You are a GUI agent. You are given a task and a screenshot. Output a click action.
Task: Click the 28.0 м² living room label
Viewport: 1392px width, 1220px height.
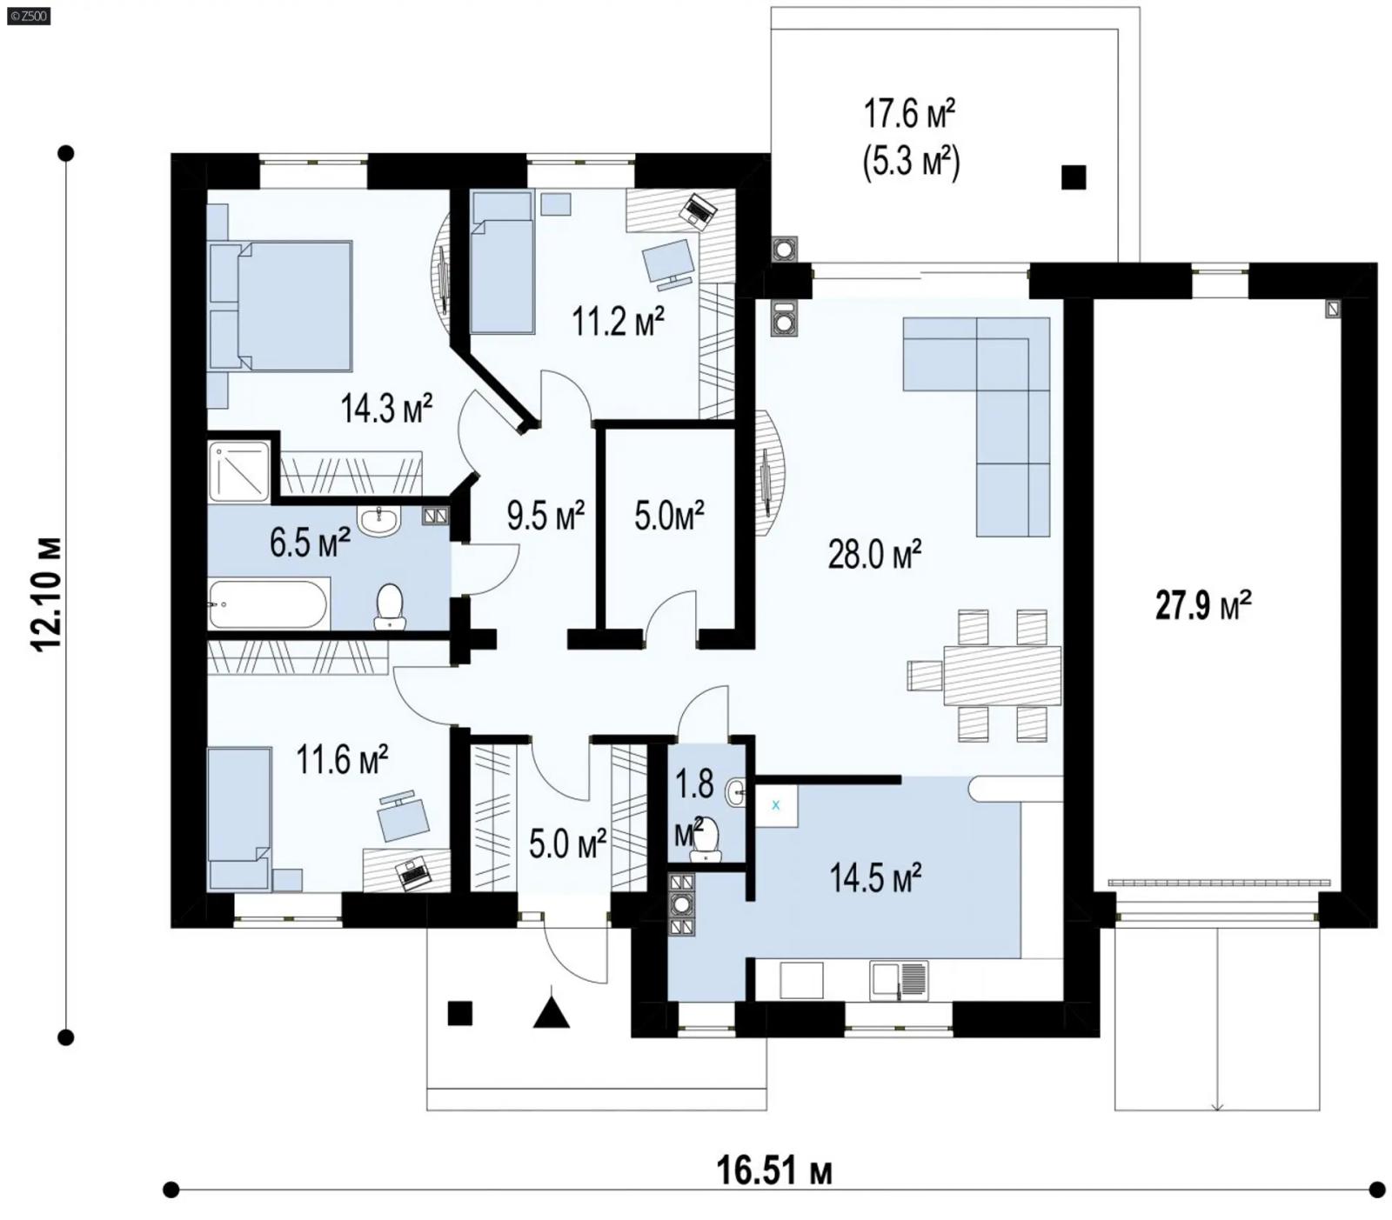(873, 554)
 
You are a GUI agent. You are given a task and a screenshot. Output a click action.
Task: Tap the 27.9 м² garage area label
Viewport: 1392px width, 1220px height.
(1202, 604)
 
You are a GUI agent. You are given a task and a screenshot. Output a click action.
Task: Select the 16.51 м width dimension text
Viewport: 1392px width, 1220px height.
(773, 1170)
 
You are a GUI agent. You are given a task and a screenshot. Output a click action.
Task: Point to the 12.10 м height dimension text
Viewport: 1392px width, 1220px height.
(47, 593)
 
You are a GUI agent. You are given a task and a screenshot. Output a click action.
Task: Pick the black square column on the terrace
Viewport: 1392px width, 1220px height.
(1074, 177)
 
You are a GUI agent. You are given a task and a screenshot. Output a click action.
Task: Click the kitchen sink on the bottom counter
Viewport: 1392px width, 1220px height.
(898, 980)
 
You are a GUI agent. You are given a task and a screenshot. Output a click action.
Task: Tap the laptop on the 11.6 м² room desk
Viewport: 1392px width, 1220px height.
(412, 872)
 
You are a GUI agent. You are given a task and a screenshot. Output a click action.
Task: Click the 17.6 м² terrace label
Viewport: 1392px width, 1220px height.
(910, 113)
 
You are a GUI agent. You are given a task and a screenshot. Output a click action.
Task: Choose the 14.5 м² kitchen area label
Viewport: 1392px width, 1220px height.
(874, 878)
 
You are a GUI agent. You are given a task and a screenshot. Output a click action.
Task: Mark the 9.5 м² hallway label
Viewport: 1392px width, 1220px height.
(545, 516)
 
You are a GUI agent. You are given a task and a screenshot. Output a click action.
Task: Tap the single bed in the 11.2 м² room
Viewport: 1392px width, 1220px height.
(502, 263)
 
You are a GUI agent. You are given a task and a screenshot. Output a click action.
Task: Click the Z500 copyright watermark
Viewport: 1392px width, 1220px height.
(28, 15)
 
